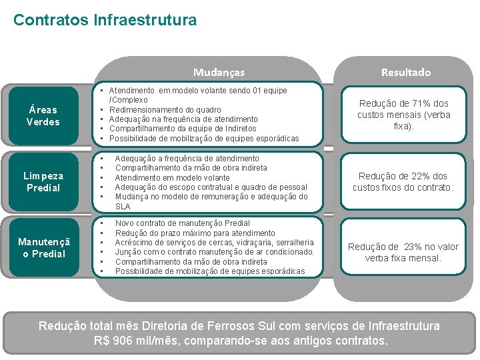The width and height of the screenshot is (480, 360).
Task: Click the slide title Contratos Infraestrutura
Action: pos(105,20)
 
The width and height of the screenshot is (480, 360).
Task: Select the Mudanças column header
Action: pos(219,72)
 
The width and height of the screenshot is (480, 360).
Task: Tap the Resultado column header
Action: pos(405,72)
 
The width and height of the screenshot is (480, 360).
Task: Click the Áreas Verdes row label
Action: pos(43,115)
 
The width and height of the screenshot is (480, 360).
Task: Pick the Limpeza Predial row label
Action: pos(43,181)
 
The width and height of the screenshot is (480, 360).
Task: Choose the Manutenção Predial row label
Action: pos(43,247)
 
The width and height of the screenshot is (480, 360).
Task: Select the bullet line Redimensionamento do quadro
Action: pos(165,109)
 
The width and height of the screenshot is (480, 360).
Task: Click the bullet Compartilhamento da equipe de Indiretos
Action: pos(182,129)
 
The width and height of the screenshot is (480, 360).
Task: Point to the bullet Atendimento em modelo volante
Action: pos(172,178)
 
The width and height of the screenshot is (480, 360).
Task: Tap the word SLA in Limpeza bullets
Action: pos(123,207)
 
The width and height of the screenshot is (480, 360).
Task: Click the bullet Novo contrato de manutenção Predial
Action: pos(182,223)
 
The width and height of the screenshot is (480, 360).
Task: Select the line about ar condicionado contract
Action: pos(214,252)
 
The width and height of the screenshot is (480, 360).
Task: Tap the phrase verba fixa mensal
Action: pos(403,258)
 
